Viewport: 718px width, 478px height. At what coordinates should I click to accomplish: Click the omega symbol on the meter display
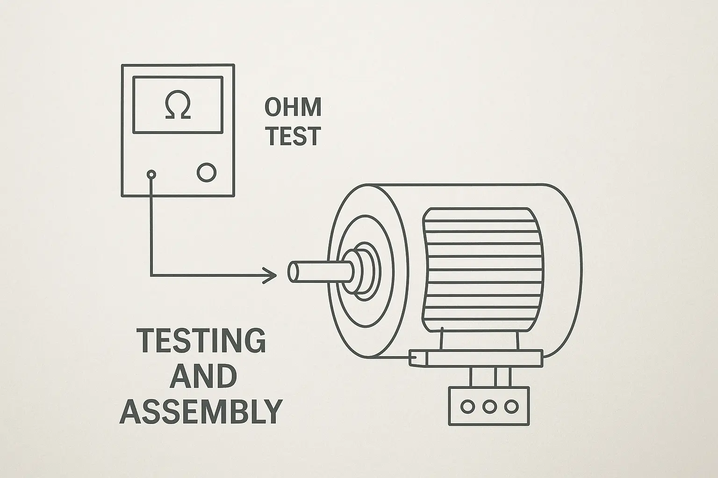(178, 106)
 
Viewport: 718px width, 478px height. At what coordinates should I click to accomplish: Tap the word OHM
(293, 107)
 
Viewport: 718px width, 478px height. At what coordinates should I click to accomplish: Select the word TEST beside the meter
(293, 136)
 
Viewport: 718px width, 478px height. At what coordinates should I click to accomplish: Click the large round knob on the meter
(207, 172)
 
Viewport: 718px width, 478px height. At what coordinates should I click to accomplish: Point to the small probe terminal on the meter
(151, 175)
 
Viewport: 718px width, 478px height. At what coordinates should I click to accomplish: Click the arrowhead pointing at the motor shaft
(271, 275)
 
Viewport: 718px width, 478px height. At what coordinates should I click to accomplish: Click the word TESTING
(201, 340)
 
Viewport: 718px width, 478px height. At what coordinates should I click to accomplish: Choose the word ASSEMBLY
(201, 411)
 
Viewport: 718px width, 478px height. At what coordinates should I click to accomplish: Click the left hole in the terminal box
(467, 406)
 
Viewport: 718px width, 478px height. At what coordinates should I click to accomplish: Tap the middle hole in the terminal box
(489, 406)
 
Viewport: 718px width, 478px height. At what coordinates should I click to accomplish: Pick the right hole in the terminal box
(511, 406)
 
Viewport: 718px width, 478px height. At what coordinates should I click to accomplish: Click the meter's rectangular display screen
(178, 105)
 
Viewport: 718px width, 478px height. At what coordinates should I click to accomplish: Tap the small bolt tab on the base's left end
(417, 358)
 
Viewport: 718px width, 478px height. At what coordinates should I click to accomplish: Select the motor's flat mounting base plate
(481, 358)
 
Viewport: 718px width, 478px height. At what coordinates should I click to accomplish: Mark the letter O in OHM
(274, 107)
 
